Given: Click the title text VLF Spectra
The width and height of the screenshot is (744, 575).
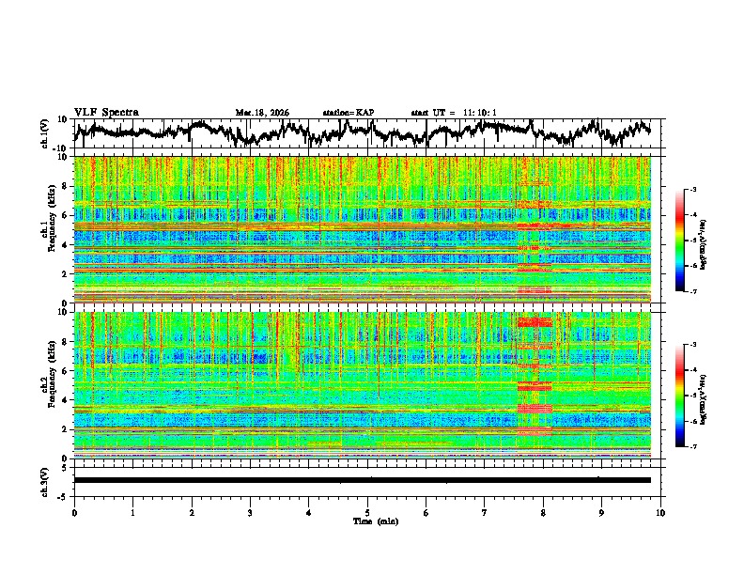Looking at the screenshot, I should [x=106, y=112].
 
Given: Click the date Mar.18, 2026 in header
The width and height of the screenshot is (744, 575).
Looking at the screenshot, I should [x=262, y=113].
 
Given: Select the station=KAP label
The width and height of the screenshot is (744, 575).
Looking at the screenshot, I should [x=349, y=113].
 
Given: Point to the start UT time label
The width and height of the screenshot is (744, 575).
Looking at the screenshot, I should [x=454, y=113].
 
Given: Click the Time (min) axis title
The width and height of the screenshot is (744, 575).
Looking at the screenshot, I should [x=367, y=521].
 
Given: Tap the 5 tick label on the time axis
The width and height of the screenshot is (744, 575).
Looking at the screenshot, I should [x=368, y=512].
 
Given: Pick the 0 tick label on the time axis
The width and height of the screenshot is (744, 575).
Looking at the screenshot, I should [x=74, y=512].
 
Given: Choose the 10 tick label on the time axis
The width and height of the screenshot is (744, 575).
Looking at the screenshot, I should [x=661, y=512].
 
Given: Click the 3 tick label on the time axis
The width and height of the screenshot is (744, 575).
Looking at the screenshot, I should [x=251, y=512].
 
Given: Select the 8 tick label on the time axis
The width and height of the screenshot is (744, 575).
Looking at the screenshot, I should [x=544, y=512].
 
